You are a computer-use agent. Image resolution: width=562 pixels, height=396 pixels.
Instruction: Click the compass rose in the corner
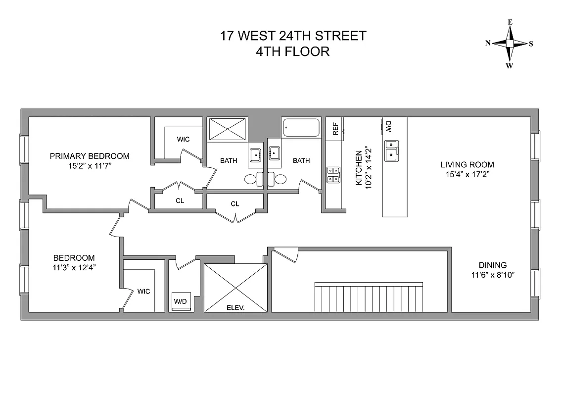(x=510, y=44)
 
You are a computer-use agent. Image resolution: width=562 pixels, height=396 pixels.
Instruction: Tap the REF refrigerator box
(x=335, y=129)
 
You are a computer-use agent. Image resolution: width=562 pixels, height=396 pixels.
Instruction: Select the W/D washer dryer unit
(x=181, y=301)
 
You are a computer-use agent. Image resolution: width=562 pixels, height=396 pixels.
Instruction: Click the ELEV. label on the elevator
(x=235, y=307)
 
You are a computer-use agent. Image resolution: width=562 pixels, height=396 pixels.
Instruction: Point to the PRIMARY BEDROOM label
(x=90, y=156)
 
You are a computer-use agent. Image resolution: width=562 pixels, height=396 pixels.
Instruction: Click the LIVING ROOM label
(x=468, y=165)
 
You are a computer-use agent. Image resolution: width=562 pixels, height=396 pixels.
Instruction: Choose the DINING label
(x=492, y=265)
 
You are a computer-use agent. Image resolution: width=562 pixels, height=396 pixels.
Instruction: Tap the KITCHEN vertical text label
(x=359, y=168)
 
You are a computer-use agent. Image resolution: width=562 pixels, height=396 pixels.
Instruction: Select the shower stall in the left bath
(x=228, y=129)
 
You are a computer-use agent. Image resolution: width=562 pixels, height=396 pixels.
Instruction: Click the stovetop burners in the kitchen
(x=333, y=175)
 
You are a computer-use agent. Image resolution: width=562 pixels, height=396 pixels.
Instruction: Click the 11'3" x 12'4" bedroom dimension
(x=74, y=268)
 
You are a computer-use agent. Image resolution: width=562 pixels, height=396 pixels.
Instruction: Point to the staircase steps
(x=369, y=297)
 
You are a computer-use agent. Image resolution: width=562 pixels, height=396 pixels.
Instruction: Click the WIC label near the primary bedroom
(x=183, y=140)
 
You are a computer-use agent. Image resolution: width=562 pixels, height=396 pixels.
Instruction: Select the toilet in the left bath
(x=252, y=179)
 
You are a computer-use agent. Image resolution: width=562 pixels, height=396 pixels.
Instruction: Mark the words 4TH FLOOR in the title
(x=293, y=51)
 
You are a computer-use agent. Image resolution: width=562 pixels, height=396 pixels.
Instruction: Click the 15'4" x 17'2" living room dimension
(x=468, y=174)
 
